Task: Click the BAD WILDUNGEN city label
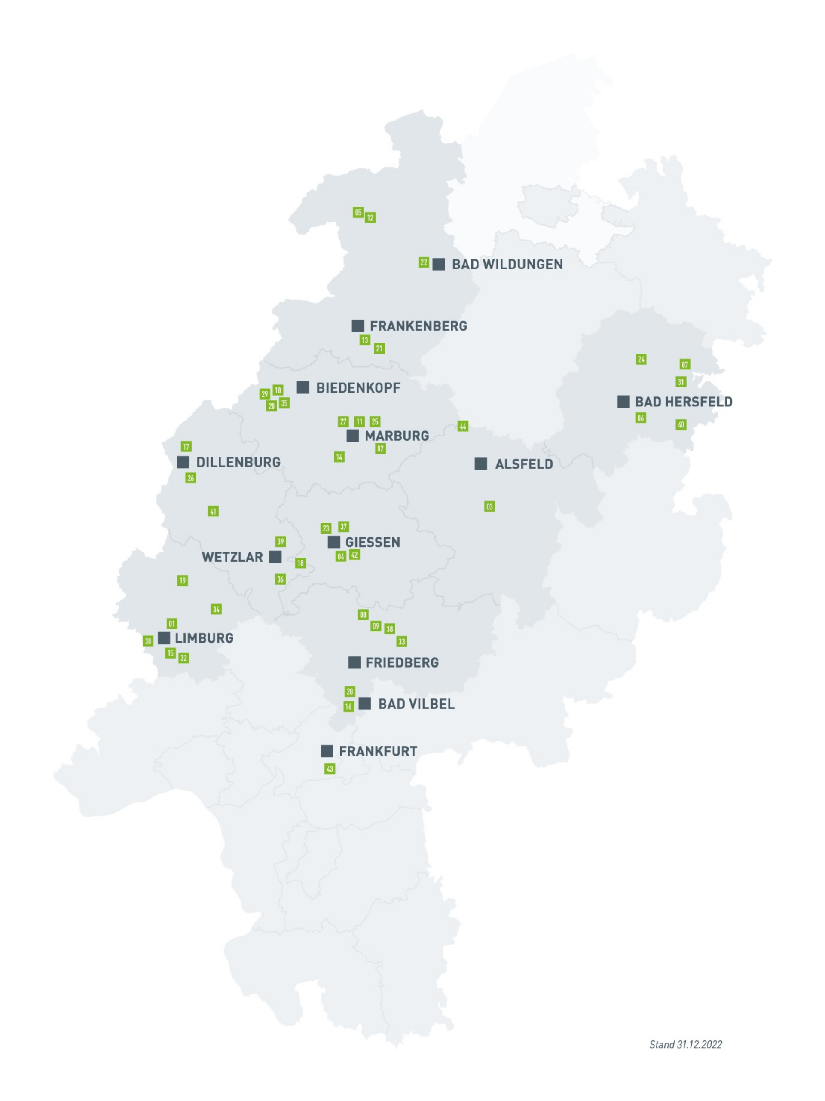click(x=507, y=264)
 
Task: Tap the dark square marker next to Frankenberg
click(x=357, y=326)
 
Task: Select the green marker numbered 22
click(x=423, y=262)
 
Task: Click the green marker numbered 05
click(x=358, y=213)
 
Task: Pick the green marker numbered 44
click(x=462, y=426)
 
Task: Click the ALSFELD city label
click(x=523, y=464)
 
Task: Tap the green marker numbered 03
click(x=489, y=507)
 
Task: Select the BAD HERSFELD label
click(x=683, y=402)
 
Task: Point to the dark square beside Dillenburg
click(x=183, y=462)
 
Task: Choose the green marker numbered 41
click(x=213, y=511)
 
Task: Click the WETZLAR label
click(x=232, y=557)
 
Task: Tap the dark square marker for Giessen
click(x=333, y=542)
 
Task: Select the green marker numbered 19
click(x=182, y=580)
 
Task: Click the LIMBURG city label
click(x=204, y=638)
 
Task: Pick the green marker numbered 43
click(x=330, y=769)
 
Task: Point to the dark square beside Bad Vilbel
click(x=364, y=703)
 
